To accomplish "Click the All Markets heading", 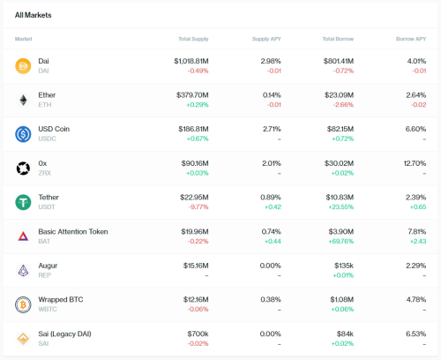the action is tap(34, 15).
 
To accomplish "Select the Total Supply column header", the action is tap(193, 39).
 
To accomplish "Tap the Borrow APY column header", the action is tap(411, 39).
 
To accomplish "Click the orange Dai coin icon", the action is tap(23, 66).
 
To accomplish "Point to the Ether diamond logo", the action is tap(23, 100).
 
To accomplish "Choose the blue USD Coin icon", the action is tap(23, 134).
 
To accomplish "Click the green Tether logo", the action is tap(23, 202).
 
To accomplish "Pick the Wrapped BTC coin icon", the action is tap(23, 304).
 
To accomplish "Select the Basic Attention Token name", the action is tap(73, 231).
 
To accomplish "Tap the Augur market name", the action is tap(48, 266).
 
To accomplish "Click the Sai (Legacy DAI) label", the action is tap(64, 334).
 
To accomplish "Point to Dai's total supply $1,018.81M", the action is tap(191, 61).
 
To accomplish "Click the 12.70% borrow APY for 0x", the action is tap(415, 163).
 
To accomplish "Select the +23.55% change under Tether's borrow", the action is tap(341, 207).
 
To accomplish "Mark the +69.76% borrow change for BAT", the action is tap(341, 241).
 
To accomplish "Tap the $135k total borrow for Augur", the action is tap(344, 266).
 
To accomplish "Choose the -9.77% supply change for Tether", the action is tap(198, 207).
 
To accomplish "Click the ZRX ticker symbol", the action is tap(45, 173).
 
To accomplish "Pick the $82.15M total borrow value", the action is tap(340, 129).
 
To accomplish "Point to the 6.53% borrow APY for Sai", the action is tap(415, 334).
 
